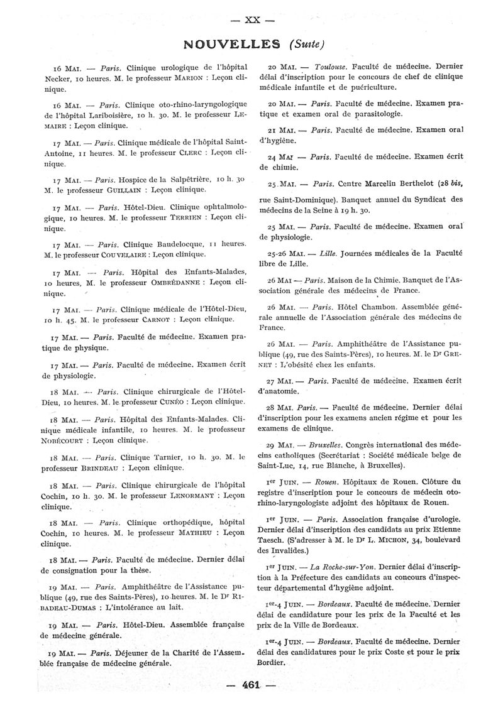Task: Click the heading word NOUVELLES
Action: coord(232,43)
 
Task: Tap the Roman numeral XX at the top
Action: coord(251,18)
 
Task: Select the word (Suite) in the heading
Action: coord(306,44)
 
